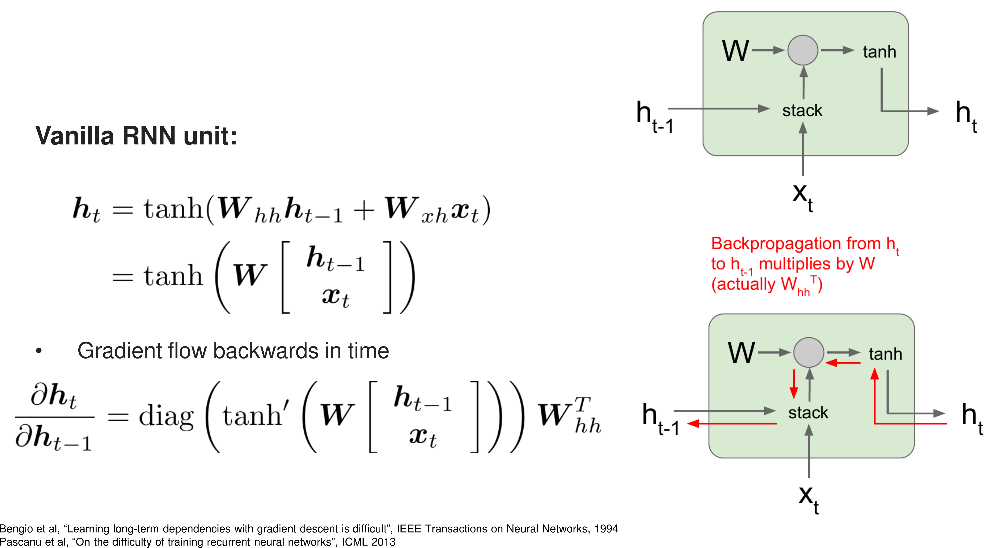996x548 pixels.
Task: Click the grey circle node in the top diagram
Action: click(x=803, y=50)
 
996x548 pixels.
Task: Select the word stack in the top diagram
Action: click(x=802, y=111)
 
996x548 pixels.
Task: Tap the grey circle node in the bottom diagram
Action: click(x=808, y=352)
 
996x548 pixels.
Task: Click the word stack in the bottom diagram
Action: click(x=808, y=413)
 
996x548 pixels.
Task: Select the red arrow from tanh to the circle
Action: click(x=843, y=363)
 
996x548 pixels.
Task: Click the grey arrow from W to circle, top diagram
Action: click(x=767, y=50)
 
